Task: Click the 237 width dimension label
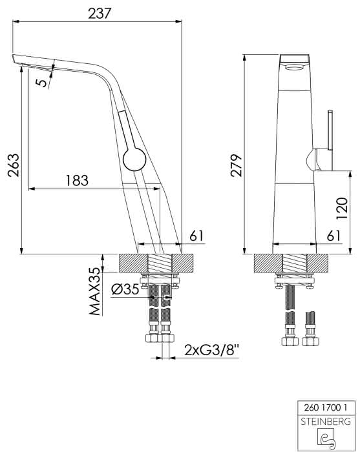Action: coord(100,14)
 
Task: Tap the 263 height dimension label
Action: coord(14,165)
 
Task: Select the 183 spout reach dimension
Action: coord(77,180)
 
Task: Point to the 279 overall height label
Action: coord(236,165)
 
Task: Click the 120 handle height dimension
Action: coord(343,208)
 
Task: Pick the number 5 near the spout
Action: coord(41,83)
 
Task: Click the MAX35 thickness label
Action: coord(95,291)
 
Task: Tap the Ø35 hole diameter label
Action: coord(125,289)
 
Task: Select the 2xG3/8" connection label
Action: coord(211,350)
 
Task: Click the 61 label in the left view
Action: coord(196,236)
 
